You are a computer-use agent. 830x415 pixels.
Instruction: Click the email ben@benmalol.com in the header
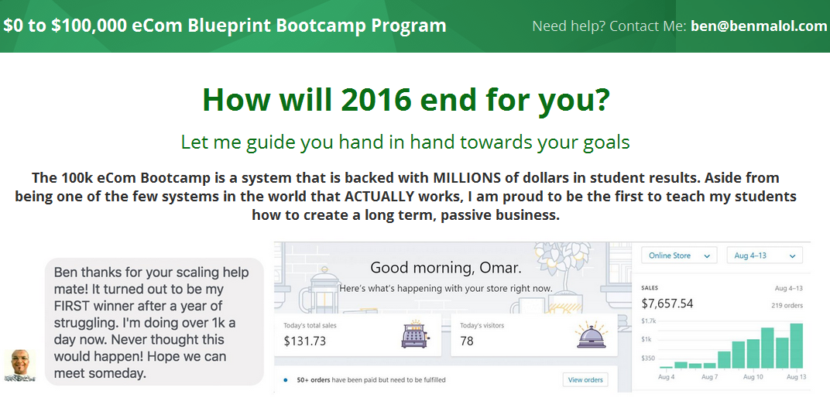(759, 26)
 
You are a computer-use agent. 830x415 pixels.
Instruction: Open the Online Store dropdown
(679, 256)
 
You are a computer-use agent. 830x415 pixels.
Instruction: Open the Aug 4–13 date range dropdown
(764, 256)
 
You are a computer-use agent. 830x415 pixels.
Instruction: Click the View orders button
(585, 379)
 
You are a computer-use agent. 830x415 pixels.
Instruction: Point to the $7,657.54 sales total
(667, 304)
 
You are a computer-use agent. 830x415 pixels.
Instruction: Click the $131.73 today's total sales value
(305, 341)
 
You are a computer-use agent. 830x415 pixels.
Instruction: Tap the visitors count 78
(467, 341)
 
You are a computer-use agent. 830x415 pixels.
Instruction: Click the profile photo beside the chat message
(20, 365)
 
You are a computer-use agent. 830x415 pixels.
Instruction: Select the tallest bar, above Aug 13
(796, 345)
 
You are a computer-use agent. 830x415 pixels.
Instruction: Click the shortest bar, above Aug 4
(666, 367)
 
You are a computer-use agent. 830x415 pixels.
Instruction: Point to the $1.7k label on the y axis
(649, 321)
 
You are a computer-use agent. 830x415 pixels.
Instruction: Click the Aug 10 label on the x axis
(753, 377)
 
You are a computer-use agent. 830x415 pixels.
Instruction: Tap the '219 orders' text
(787, 305)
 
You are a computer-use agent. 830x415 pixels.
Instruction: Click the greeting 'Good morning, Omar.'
(446, 268)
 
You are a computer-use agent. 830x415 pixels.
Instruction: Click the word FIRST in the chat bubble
(70, 307)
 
